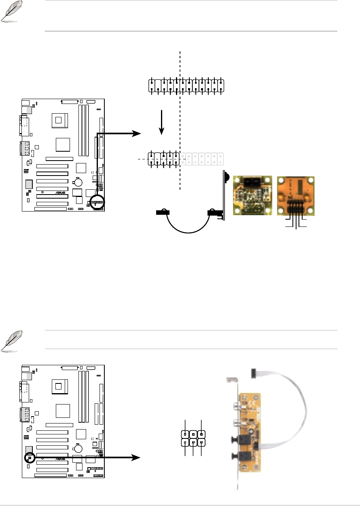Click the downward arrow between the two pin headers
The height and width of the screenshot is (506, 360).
[x=162, y=121]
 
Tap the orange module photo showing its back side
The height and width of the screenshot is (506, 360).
[x=295, y=195]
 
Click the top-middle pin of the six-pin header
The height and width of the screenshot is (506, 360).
[x=193, y=434]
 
